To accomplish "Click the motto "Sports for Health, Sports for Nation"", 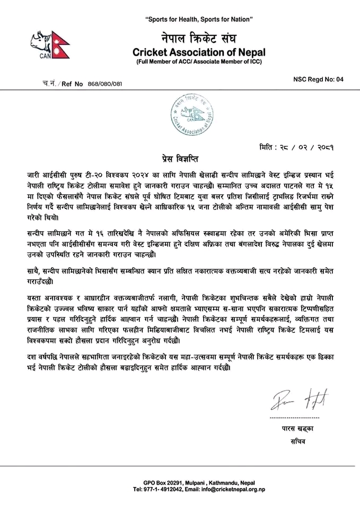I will (199, 20).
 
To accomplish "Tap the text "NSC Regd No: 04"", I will (318, 79).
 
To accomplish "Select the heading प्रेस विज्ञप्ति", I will (180, 159).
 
